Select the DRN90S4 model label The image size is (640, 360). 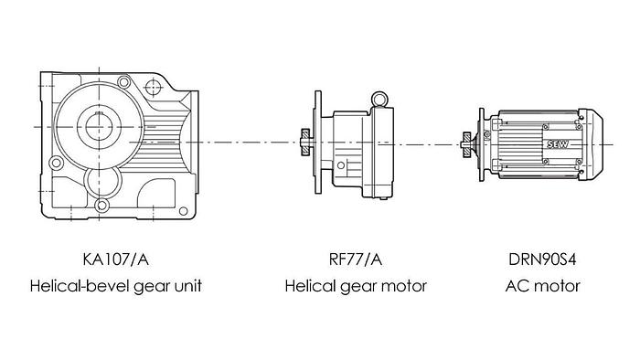click(x=542, y=259)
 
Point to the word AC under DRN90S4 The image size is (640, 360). click(x=515, y=286)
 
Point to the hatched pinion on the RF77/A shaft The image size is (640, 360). click(x=302, y=142)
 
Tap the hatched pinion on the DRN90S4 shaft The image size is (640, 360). click(x=466, y=143)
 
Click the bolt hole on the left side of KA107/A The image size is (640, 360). click(x=57, y=164)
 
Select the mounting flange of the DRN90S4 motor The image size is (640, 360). click(x=480, y=143)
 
